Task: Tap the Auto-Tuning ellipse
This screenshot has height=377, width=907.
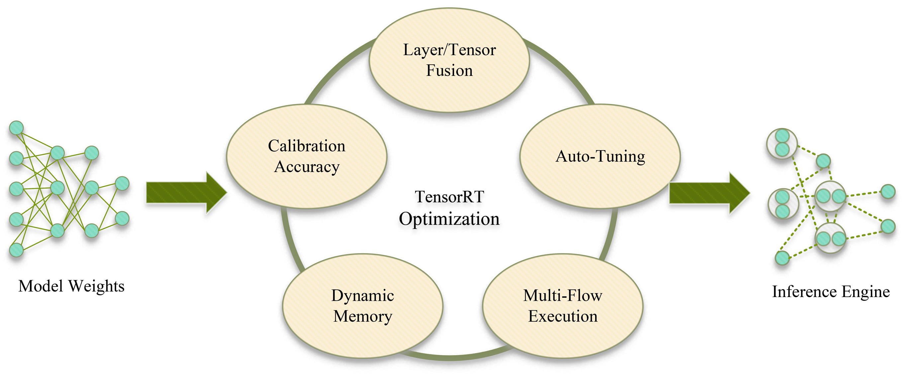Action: click(600, 183)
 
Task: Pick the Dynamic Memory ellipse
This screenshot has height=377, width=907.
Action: click(363, 338)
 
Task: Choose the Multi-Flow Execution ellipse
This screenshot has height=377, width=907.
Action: click(563, 338)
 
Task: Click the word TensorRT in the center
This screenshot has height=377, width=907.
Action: click(450, 197)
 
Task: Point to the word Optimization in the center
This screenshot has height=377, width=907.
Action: click(449, 219)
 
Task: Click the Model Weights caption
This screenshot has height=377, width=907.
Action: click(71, 286)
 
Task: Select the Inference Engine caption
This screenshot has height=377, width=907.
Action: click(831, 291)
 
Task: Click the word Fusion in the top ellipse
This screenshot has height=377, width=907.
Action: click(449, 70)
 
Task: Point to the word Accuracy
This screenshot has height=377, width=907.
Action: click(307, 167)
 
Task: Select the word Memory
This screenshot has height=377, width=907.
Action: click(363, 316)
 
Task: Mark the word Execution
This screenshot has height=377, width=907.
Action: click(563, 316)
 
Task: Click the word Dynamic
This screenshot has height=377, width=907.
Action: click(363, 295)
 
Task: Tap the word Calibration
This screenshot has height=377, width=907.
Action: click(307, 146)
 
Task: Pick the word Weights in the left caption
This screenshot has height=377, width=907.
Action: click(96, 286)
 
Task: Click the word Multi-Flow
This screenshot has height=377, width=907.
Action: click(563, 295)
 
